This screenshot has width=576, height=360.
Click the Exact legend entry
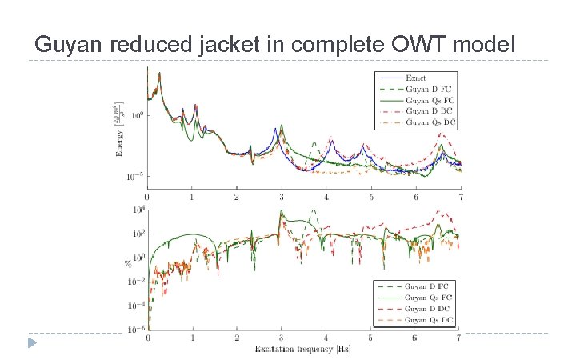point(416,78)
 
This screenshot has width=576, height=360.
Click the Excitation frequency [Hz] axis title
point(302,349)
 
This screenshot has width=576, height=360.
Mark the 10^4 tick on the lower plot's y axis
point(135,210)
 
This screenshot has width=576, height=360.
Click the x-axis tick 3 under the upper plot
point(282,197)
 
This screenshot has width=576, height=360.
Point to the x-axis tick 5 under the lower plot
point(370,338)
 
